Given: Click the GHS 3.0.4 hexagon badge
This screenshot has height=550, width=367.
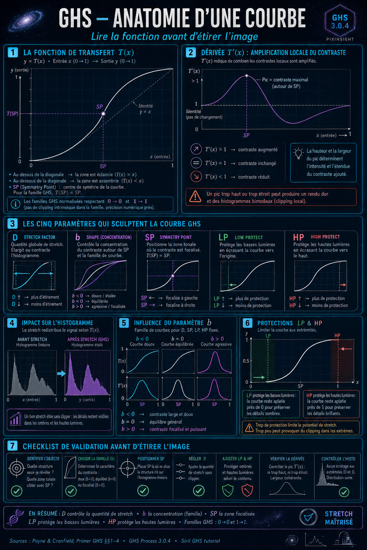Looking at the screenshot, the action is pyautogui.click(x=340, y=21).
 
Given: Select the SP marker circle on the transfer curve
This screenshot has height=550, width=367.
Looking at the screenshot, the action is pyautogui.click(x=103, y=114).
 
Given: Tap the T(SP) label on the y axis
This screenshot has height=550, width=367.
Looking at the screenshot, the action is pyautogui.click(x=13, y=114).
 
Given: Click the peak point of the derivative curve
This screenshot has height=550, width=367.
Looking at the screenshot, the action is pyautogui.click(x=247, y=76).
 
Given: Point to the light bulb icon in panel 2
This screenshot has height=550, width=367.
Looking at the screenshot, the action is pyautogui.click(x=299, y=154).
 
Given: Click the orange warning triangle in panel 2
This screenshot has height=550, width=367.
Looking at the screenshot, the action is pyautogui.click(x=195, y=197).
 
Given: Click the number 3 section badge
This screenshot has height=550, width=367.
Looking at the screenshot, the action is pyautogui.click(x=13, y=224).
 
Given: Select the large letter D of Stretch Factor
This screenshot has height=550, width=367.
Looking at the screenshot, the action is pyautogui.click(x=15, y=237).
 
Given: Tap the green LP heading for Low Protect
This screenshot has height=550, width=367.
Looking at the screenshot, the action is pyautogui.click(x=223, y=237).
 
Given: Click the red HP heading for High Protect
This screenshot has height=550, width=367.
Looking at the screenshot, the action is pyautogui.click(x=299, y=237).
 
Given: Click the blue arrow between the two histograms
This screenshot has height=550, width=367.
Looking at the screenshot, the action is pyautogui.click(x=61, y=374).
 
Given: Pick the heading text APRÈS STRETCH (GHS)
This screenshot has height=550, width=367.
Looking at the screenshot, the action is pyautogui.click(x=88, y=339).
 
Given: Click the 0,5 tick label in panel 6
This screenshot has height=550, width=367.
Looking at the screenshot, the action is pyautogui.click(x=246, y=361).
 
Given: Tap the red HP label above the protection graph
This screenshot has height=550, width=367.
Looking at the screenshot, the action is pyautogui.click(x=337, y=336).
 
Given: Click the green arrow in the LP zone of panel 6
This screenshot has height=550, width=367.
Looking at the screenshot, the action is pyautogui.click(x=259, y=377).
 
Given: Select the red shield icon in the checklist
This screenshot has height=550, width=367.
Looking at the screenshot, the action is pyautogui.click(x=247, y=490).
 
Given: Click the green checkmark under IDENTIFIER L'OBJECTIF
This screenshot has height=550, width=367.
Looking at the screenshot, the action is pyautogui.click(x=17, y=491).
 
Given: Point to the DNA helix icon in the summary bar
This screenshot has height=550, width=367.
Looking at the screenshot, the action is pyautogui.click(x=16, y=517).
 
